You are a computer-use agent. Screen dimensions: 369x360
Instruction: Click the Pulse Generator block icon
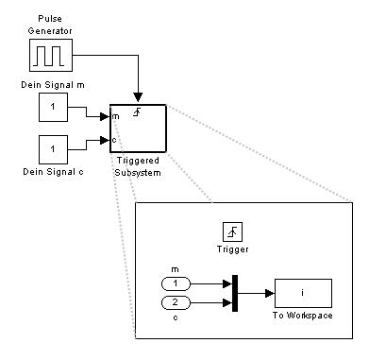(x=51, y=55)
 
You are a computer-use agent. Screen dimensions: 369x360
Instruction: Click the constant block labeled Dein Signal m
(x=53, y=107)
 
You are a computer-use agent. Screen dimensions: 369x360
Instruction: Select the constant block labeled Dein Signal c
(x=53, y=149)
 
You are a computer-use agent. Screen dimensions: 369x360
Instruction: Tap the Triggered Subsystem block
(x=138, y=129)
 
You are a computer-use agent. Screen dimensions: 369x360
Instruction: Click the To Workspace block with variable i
(x=303, y=293)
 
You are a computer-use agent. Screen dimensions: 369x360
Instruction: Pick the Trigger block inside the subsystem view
(x=232, y=231)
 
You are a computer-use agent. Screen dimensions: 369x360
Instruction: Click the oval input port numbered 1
(x=176, y=283)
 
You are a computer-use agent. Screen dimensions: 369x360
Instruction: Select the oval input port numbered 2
(x=176, y=303)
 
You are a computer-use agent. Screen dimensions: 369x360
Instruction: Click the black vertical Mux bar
(x=235, y=293)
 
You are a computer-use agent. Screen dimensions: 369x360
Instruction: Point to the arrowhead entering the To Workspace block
(x=270, y=294)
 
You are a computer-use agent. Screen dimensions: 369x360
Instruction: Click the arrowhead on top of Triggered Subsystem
(x=138, y=97)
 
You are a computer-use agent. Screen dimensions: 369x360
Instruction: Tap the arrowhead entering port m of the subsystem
(x=105, y=116)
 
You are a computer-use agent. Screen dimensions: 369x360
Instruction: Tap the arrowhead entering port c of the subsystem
(x=105, y=140)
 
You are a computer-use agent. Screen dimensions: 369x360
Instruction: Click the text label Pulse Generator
(x=50, y=25)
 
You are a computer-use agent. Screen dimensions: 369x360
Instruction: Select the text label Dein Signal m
(x=53, y=85)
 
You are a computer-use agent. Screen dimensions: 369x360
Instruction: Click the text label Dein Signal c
(x=53, y=172)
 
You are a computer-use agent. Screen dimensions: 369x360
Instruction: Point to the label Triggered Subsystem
(x=138, y=166)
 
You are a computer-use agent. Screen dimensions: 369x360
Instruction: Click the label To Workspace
(x=303, y=316)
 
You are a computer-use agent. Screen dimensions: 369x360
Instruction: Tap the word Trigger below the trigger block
(x=233, y=249)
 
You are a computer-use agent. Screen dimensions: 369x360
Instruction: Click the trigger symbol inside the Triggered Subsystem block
(x=137, y=112)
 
